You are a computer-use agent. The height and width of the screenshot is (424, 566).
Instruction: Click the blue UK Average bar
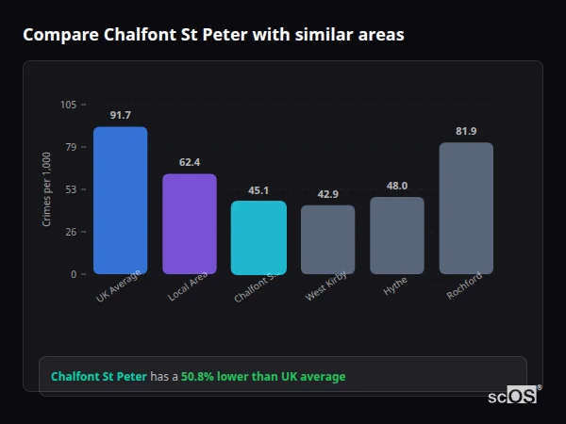pyautogui.click(x=120, y=200)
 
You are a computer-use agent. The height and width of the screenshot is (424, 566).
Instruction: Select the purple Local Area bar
pyautogui.click(x=190, y=223)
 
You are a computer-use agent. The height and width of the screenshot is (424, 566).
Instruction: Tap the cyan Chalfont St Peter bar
pyautogui.click(x=258, y=237)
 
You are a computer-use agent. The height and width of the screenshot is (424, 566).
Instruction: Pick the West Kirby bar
pyautogui.click(x=327, y=239)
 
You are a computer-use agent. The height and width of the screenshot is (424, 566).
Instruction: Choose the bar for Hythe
pyautogui.click(x=397, y=236)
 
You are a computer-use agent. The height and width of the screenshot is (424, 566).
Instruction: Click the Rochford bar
pyautogui.click(x=466, y=208)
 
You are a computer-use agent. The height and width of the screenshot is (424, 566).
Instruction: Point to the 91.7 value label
pyautogui.click(x=120, y=115)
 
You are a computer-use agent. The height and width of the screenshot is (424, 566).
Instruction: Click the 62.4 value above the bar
pyautogui.click(x=190, y=162)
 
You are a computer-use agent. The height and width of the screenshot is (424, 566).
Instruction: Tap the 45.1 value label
pyautogui.click(x=258, y=189)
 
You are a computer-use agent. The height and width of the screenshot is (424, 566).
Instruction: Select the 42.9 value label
pyautogui.click(x=327, y=194)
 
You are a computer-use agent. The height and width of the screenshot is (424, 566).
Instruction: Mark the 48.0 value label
pyautogui.click(x=397, y=186)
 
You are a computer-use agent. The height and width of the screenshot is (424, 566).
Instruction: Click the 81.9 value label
pyautogui.click(x=466, y=131)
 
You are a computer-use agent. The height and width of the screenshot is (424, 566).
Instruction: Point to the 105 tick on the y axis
pyautogui.click(x=68, y=105)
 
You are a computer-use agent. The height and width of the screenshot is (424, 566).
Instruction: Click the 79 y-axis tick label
pyautogui.click(x=71, y=147)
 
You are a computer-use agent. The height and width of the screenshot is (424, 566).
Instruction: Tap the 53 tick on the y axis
pyautogui.click(x=71, y=189)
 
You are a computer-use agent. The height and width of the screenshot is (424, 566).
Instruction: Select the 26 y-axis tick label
pyautogui.click(x=71, y=232)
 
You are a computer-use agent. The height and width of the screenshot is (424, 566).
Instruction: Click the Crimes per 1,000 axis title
pyautogui.click(x=46, y=189)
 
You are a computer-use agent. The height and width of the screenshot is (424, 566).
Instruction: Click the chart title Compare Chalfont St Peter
pyautogui.click(x=213, y=35)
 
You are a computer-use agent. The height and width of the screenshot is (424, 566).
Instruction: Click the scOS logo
pyautogui.click(x=513, y=396)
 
